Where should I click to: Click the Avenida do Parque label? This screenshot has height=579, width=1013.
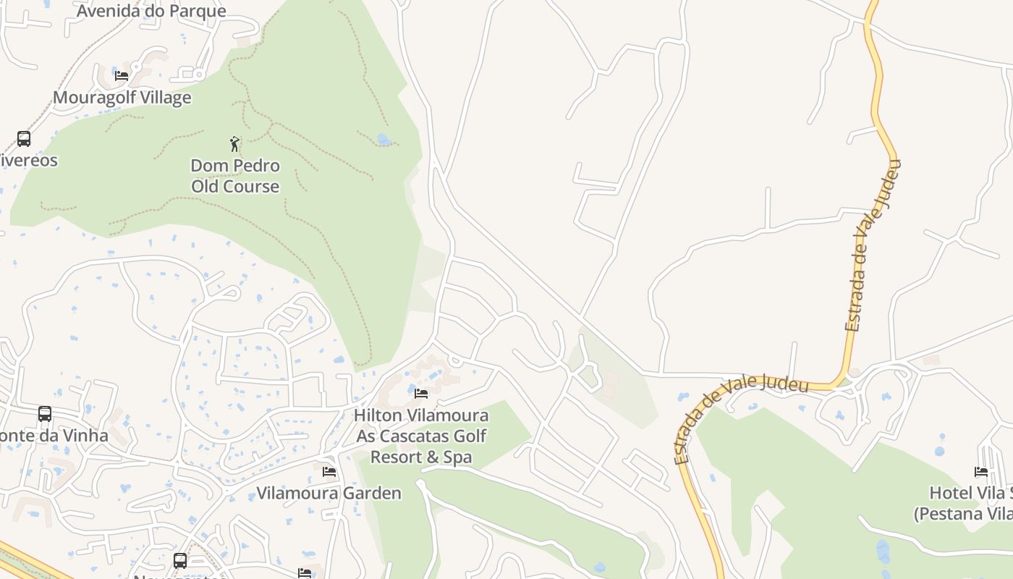pyautogui.click(x=151, y=11)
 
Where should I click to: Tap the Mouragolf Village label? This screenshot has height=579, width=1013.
pyautogui.click(x=122, y=98)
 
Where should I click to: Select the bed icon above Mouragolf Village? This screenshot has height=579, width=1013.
pyautogui.click(x=122, y=75)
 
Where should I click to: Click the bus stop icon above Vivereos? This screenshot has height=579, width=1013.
pyautogui.click(x=24, y=138)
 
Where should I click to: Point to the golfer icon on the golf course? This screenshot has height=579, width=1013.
pyautogui.click(x=234, y=143)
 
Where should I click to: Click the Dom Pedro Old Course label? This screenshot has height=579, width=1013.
pyautogui.click(x=235, y=176)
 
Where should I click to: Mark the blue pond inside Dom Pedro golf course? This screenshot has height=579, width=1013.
pyautogui.click(x=383, y=139)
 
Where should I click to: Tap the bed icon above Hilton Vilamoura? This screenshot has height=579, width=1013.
pyautogui.click(x=421, y=394)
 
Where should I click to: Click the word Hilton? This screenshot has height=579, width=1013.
pyautogui.click(x=379, y=416)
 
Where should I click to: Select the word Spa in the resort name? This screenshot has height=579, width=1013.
pyautogui.click(x=457, y=457)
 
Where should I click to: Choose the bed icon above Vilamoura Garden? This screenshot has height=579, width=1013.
pyautogui.click(x=329, y=472)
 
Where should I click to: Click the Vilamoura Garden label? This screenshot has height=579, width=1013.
pyautogui.click(x=329, y=494)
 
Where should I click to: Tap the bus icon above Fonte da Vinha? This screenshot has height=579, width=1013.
pyautogui.click(x=45, y=414)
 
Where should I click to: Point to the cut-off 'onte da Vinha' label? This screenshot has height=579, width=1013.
pyautogui.click(x=54, y=436)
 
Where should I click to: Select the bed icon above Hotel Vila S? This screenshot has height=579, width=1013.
pyautogui.click(x=981, y=472)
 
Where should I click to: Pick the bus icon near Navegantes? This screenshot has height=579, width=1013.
pyautogui.click(x=180, y=560)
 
